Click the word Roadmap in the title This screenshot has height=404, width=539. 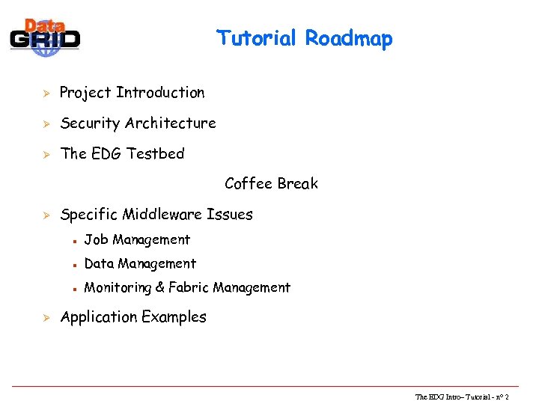(348, 38)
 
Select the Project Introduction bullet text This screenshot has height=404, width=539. (132, 93)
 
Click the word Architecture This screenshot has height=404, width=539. (171, 123)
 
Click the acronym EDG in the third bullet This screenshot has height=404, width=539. (107, 153)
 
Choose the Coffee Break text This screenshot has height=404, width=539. (271, 183)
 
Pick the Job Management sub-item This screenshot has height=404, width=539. (137, 240)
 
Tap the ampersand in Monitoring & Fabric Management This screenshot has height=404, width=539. (159, 287)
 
